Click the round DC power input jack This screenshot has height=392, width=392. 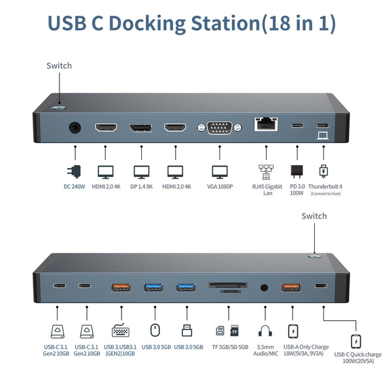pyautogui.click(x=75, y=127)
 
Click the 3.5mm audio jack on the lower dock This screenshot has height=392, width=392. pyautogui.click(x=265, y=286)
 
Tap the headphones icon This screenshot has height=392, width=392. pyautogui.click(x=265, y=331)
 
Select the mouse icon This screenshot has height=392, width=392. pyautogui.click(x=154, y=331)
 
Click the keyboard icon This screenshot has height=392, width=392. pyautogui.click(x=120, y=331)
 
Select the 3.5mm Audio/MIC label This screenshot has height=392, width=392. pyautogui.click(x=265, y=350)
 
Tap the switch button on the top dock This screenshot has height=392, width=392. pyautogui.click(x=59, y=103)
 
